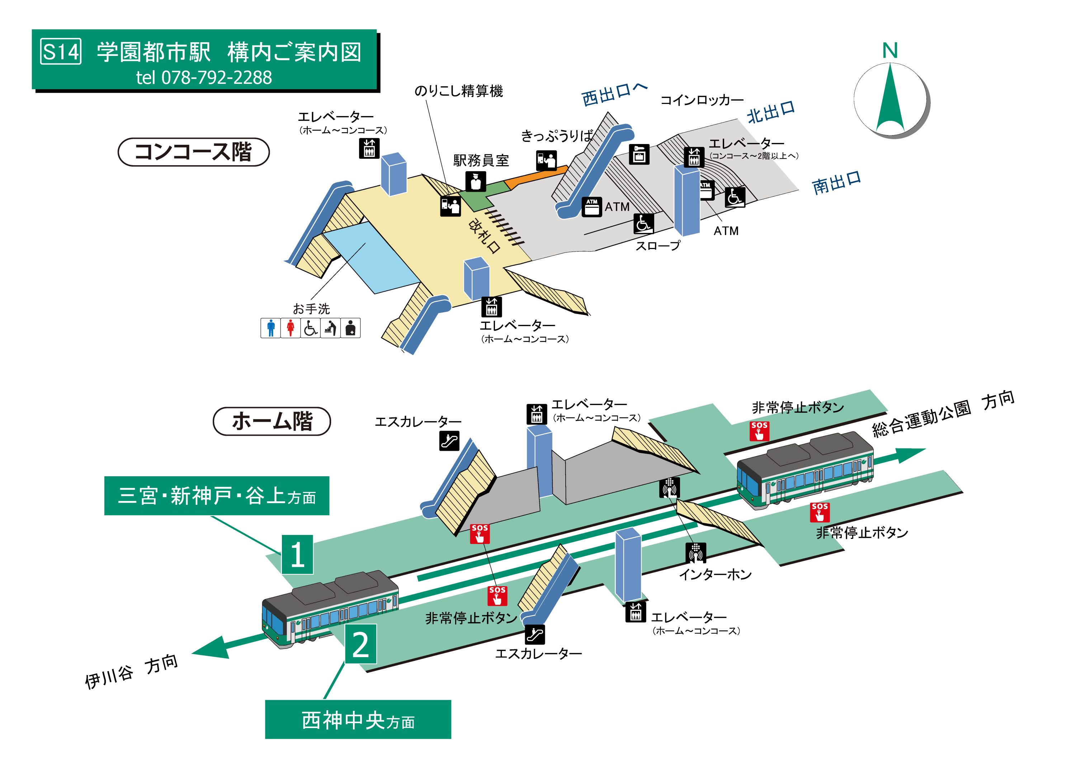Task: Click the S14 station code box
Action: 61,52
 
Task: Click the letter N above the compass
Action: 889,51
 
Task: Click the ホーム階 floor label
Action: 272,421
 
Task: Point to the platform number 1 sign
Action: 297,555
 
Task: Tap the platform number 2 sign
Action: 360,644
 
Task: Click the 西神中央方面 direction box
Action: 358,720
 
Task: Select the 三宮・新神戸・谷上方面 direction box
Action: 217,496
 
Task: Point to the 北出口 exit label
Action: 771,113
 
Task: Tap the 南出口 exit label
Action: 836,183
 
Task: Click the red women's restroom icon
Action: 291,328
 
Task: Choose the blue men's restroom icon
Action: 270,328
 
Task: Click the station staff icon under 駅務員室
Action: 476,182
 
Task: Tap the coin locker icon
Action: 639,154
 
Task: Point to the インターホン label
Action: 715,574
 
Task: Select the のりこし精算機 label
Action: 458,91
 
